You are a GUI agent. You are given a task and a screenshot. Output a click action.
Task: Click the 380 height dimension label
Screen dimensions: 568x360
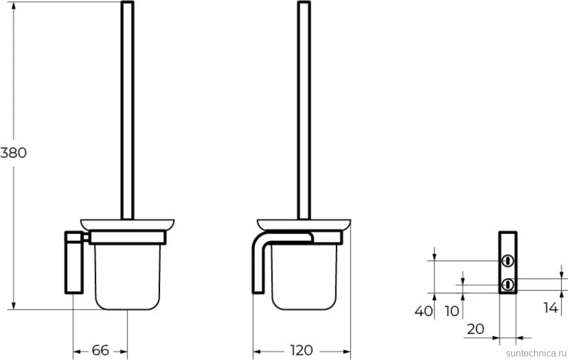13,152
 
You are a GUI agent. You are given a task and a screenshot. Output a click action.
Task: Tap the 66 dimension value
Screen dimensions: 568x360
100,350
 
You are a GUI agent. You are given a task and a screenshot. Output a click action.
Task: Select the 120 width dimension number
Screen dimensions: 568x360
302,350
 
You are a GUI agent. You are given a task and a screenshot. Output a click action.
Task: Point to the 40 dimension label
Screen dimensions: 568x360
424,311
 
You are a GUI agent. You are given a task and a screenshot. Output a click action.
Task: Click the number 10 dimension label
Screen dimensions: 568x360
452,311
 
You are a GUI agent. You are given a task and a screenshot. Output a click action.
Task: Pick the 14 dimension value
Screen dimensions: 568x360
550,308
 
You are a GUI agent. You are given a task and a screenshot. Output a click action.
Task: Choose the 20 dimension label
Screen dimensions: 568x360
475,329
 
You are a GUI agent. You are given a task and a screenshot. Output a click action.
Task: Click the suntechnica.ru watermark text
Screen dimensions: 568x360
536,353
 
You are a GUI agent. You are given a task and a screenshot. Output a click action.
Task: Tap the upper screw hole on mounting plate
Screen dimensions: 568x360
508,260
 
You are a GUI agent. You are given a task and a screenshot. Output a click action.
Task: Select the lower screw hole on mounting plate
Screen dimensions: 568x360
508,284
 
